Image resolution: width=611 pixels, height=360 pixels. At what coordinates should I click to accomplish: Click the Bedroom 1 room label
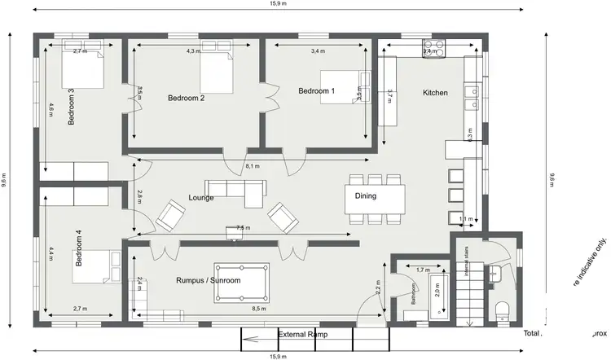click(x=316, y=90)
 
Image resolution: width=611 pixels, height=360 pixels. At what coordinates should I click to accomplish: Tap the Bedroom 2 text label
click(x=186, y=98)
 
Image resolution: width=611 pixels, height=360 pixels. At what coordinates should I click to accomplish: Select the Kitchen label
click(x=435, y=93)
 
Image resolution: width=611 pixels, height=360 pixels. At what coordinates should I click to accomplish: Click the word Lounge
click(x=200, y=197)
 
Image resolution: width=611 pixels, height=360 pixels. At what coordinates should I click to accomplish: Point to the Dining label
click(x=366, y=195)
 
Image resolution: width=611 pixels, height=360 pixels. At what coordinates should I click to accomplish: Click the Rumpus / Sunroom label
click(x=208, y=280)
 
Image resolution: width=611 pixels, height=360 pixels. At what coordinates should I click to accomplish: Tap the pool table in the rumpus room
click(x=242, y=283)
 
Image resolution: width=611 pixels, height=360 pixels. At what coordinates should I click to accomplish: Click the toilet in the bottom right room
click(x=502, y=310)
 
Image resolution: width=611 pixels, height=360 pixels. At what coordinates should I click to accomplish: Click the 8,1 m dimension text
click(x=253, y=166)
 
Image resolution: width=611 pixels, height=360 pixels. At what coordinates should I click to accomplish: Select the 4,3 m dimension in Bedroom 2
click(x=192, y=51)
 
